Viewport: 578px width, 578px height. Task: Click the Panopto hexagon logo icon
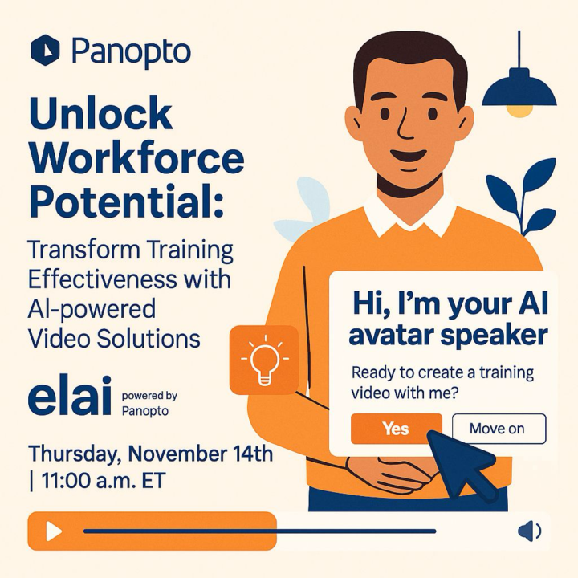coord(45,51)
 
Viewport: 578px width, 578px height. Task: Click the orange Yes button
coord(396,429)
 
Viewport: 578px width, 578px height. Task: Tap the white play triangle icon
coord(53,531)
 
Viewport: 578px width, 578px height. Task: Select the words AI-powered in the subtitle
coord(92,309)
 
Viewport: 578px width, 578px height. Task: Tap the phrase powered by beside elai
coord(149,396)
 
